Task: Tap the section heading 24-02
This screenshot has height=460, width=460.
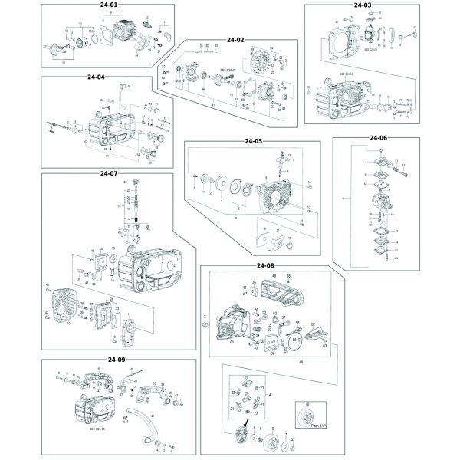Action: click(235, 40)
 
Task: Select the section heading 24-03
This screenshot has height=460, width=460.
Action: click(363, 5)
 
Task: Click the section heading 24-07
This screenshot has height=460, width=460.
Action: click(108, 173)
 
